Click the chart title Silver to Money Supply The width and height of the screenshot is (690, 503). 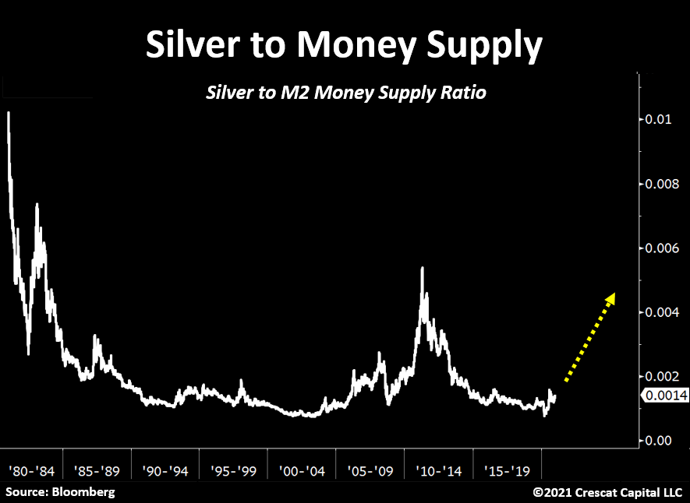(x=344, y=47)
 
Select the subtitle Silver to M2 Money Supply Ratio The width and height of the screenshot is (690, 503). (x=345, y=93)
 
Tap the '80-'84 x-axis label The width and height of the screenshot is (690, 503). (x=31, y=471)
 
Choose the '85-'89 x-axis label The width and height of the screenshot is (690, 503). (x=97, y=471)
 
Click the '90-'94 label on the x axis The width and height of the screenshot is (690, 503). (x=165, y=471)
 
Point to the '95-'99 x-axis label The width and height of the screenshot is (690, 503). (x=233, y=471)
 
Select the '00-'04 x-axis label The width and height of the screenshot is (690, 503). (x=301, y=471)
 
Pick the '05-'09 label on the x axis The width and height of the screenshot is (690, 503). (x=369, y=471)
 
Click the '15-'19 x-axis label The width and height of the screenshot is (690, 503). (x=505, y=471)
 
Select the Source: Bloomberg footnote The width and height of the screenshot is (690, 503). (x=61, y=492)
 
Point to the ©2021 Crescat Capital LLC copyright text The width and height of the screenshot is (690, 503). (x=607, y=492)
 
